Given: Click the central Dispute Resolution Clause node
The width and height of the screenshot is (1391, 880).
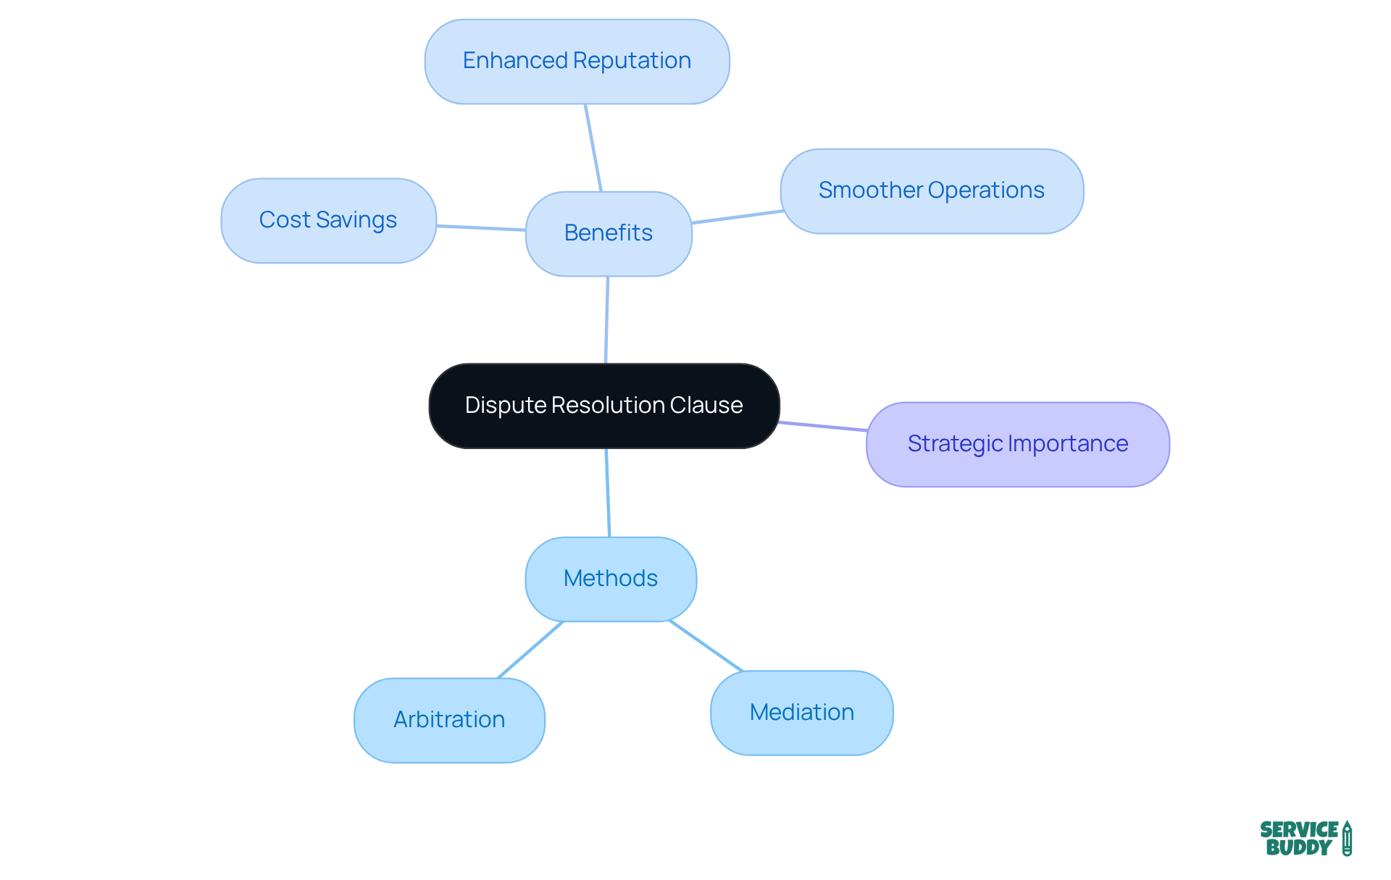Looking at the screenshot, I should pos(603,406).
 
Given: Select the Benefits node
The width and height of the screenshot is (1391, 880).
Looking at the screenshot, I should pos(609,233).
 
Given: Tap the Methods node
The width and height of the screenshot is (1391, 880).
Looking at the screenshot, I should pos(611,579).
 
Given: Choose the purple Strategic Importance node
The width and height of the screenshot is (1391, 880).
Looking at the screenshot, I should pos(1017,444).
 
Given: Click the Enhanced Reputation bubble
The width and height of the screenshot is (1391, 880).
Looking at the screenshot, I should pos(577,61).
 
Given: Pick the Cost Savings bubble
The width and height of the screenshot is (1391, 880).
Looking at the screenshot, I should pos(328,220).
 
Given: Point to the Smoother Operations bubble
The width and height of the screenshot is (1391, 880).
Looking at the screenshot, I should pos(932,190).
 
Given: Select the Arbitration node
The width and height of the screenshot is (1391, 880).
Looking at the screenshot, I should pos(449,720).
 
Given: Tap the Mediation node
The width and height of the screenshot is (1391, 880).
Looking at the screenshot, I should pos(801,713).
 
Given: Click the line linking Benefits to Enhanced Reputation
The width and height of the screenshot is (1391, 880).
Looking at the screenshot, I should pos(593,148).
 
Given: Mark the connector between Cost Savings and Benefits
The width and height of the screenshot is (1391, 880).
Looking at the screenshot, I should pos(481,228).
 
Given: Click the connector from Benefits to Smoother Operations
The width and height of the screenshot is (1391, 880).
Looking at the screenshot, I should pos(737,217).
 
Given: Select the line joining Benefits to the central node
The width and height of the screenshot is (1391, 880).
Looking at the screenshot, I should pos(607,319).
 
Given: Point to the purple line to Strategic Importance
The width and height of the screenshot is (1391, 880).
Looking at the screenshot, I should pos(823,427).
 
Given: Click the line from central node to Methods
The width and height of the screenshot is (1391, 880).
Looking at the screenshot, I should pos(608,493).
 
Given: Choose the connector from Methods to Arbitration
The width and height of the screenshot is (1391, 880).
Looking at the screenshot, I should pos(530,650).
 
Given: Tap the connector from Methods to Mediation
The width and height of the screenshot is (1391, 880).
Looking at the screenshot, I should pos(706,645).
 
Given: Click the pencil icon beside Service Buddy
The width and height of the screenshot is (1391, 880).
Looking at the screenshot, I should pos(1347,838).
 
